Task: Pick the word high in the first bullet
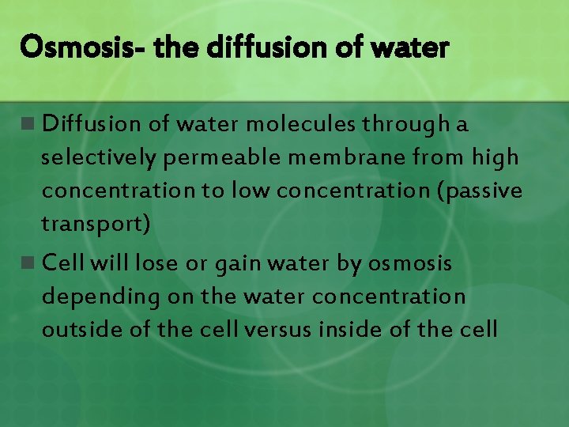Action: (495, 157)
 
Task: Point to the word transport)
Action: (96, 225)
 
